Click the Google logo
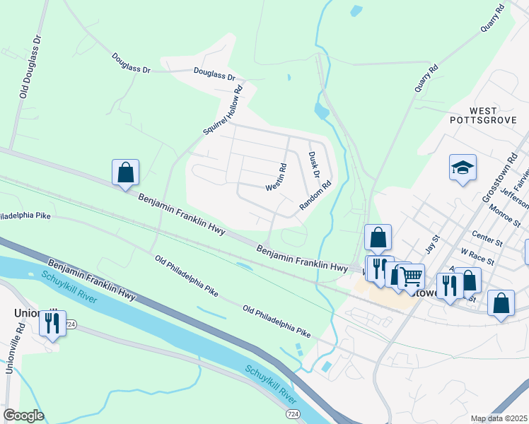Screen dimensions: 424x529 23,416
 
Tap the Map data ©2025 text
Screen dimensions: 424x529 499,418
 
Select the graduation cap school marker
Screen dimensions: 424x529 463,168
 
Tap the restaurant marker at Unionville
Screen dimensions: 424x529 52,324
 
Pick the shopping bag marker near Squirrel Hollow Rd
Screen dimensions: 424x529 125,172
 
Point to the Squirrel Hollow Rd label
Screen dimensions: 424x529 223,110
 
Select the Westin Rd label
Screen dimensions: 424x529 276,177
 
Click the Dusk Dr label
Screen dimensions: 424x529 315,164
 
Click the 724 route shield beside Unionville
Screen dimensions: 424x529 71,324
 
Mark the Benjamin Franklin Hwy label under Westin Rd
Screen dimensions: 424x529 302,258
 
